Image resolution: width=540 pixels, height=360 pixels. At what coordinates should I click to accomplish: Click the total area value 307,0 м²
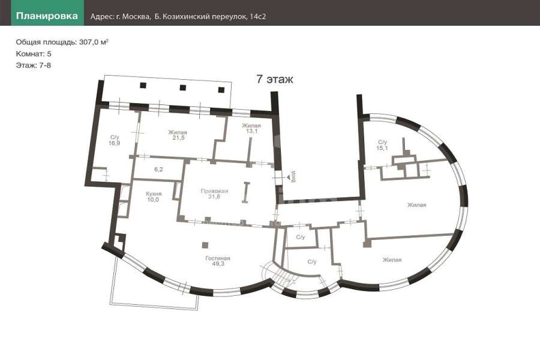(94, 42)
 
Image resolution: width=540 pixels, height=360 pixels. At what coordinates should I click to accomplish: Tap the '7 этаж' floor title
(274, 79)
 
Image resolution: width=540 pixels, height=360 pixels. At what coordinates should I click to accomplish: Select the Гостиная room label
(218, 258)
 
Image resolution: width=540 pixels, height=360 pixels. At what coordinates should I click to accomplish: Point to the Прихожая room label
(214, 191)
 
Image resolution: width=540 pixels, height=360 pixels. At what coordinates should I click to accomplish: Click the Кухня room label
(154, 194)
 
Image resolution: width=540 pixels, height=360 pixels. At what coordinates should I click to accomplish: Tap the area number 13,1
(252, 131)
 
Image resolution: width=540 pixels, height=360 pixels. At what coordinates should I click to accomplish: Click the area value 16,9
(115, 143)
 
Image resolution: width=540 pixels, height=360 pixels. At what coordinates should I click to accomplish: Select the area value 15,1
(382, 148)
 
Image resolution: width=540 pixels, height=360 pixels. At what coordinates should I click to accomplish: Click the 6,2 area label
(158, 169)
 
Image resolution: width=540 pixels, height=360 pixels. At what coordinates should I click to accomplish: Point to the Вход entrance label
(293, 176)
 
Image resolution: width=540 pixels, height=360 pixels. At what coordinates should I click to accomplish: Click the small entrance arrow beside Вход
(288, 177)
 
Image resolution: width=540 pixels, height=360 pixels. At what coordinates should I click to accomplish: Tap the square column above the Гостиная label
(205, 245)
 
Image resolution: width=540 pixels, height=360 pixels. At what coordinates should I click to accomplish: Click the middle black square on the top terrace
(182, 88)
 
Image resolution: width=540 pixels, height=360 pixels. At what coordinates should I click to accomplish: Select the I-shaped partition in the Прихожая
(245, 192)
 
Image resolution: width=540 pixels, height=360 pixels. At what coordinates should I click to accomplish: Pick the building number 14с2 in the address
(257, 17)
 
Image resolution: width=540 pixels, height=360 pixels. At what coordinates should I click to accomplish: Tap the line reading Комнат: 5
(34, 54)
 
